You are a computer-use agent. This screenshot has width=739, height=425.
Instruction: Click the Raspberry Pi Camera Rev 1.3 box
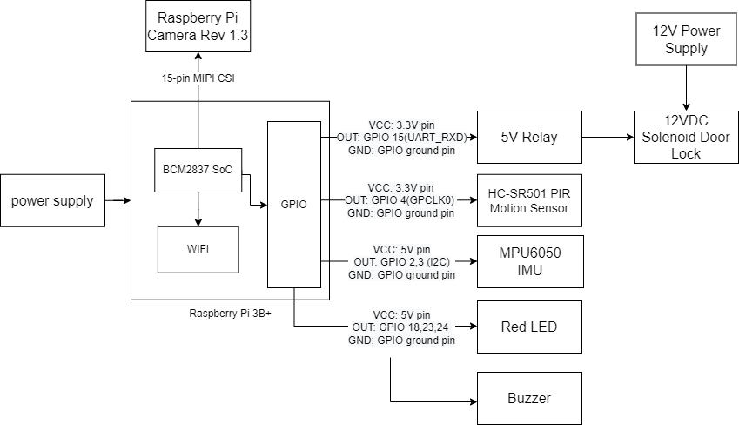point(198,28)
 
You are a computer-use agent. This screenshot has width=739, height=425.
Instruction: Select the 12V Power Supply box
point(687,39)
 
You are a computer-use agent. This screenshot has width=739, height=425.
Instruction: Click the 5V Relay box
point(528,137)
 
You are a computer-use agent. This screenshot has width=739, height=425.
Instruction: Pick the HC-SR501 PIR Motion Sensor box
point(528,199)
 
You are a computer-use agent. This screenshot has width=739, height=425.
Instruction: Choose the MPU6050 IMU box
point(528,262)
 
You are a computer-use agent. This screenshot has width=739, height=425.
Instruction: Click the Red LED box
point(528,327)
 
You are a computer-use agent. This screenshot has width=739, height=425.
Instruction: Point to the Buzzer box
point(528,398)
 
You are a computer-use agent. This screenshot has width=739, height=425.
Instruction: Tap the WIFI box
point(198,249)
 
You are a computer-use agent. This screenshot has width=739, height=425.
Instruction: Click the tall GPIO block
point(293,204)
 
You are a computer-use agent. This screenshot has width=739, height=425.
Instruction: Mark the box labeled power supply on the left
point(52,200)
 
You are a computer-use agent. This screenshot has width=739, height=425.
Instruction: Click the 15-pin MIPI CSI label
point(198,78)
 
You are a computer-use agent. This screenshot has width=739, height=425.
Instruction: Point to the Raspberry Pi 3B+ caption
point(230,312)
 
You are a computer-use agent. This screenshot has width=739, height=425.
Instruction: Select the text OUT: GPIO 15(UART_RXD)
point(401,137)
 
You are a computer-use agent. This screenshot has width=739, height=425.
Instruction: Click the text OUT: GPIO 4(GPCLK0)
point(401,199)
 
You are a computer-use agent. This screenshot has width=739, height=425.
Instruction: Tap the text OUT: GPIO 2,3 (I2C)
point(401,261)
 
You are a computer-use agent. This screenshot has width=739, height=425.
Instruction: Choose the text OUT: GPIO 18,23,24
point(401,327)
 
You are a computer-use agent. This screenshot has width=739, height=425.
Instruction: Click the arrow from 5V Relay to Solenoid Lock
point(605,137)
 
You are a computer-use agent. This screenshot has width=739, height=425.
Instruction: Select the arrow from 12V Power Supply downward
point(687,88)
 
